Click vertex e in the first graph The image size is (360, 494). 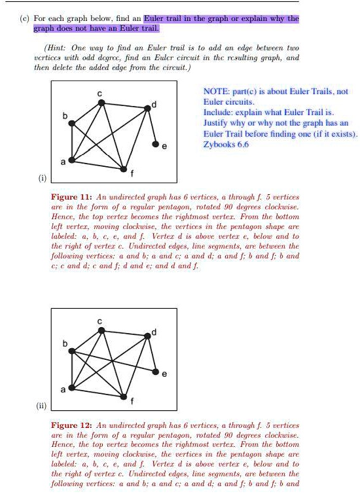point(156,143)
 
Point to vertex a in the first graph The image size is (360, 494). point(72,159)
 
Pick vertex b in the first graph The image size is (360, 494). point(73,122)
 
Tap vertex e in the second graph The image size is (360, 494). point(156,372)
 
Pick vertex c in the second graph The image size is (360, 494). point(101,330)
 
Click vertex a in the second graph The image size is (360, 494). point(72,389)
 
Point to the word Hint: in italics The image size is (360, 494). point(56,48)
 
